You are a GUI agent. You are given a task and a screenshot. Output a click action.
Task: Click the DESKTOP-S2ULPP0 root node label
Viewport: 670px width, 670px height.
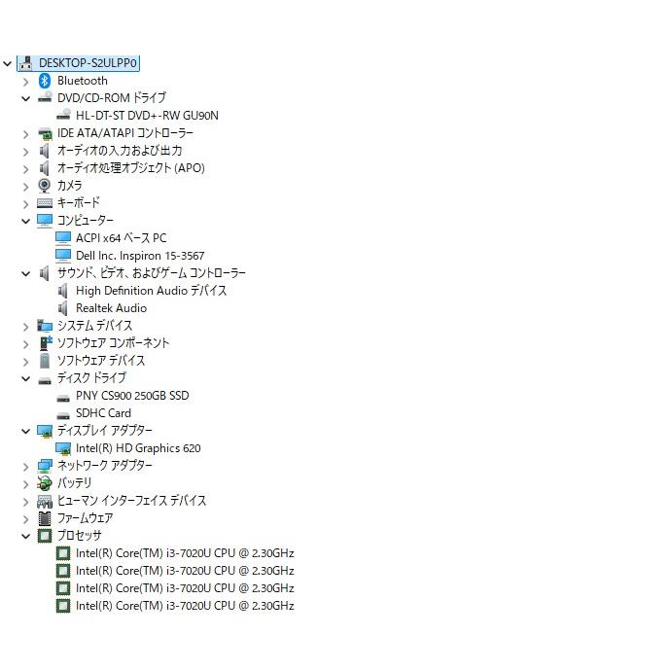tap(88, 63)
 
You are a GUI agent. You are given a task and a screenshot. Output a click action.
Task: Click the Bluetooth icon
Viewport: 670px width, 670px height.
tap(45, 81)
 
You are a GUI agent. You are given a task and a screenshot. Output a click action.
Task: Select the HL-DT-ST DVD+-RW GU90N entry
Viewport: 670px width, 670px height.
tap(147, 116)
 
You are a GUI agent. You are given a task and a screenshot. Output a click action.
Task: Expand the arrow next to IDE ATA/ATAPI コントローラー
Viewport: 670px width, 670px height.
tap(26, 134)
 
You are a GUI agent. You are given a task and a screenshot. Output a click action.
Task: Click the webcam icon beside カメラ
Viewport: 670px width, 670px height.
tap(45, 186)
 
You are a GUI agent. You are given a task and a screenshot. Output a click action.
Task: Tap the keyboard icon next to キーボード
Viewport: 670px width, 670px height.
tap(45, 203)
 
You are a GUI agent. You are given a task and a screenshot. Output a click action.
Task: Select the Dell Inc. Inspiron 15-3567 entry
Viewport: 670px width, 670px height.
tap(140, 256)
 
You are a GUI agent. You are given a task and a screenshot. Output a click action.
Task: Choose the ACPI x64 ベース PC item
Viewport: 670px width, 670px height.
tap(122, 238)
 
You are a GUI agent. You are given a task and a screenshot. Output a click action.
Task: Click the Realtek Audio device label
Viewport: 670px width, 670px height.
tap(111, 308)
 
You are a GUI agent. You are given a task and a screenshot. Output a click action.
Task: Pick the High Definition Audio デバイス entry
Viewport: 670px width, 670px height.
tap(152, 291)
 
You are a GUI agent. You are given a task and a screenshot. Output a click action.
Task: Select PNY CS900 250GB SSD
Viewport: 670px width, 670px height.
tap(132, 396)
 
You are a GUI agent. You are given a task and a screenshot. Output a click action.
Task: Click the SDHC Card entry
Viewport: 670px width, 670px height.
tap(103, 413)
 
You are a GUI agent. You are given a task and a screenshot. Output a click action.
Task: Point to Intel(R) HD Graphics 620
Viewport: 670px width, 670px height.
tap(138, 448)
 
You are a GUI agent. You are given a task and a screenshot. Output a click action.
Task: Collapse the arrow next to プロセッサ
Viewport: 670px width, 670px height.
tap(26, 536)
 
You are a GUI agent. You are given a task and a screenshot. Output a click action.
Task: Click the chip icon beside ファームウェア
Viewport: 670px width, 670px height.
tap(45, 518)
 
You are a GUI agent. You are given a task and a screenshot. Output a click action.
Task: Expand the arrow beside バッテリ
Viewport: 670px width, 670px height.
tap(26, 484)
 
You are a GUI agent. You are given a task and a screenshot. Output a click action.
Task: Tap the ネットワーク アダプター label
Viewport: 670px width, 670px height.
tap(105, 466)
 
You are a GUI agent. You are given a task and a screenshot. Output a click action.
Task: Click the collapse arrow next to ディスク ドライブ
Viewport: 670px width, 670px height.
tap(26, 378)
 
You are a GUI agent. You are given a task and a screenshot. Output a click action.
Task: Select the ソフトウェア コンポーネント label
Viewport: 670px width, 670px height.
tap(113, 343)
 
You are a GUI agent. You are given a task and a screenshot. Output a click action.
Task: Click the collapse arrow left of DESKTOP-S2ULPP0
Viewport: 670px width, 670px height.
tap(7, 64)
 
